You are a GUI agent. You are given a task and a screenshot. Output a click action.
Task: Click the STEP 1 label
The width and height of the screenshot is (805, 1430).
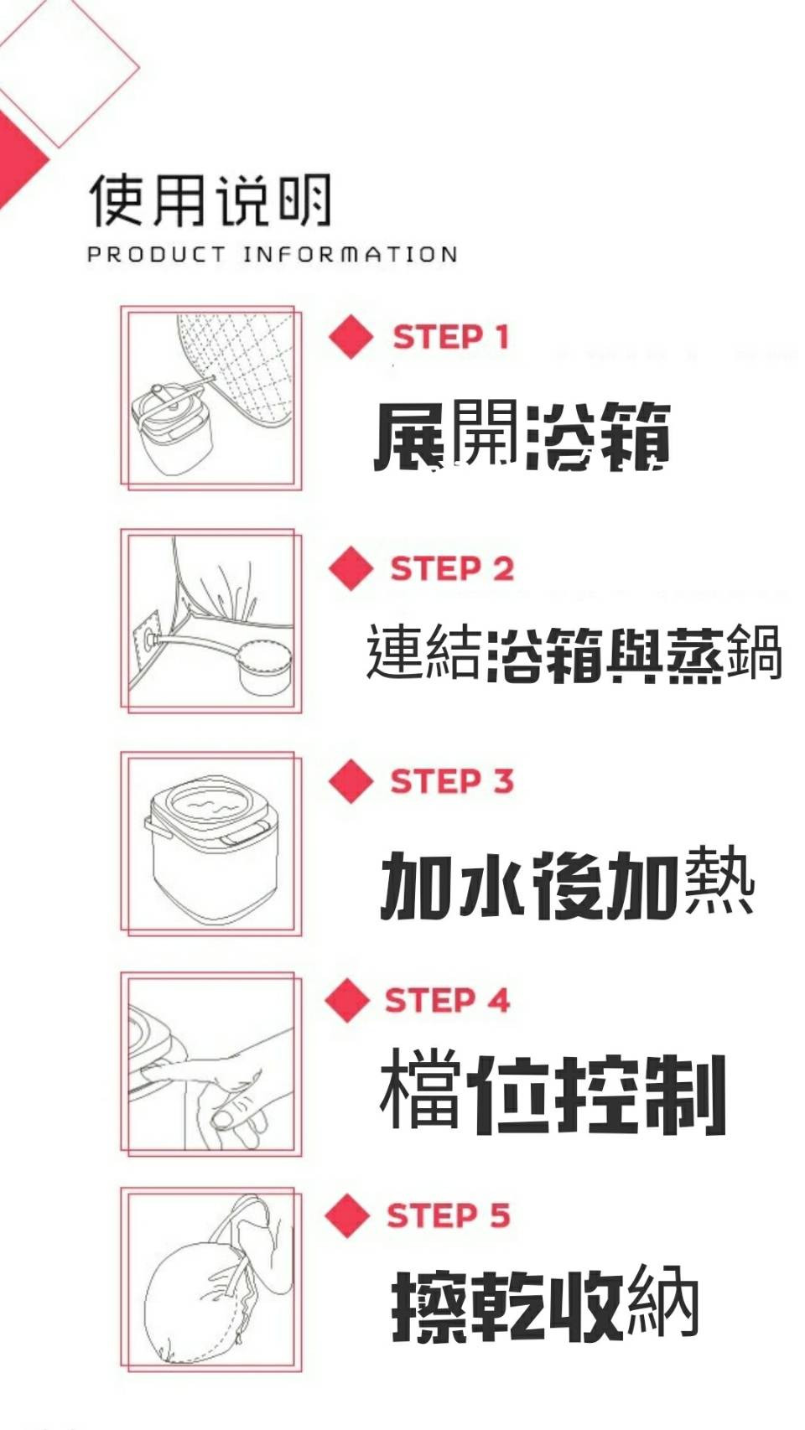click(x=450, y=337)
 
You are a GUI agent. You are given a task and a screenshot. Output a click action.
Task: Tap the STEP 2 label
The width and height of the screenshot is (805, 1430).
click(x=452, y=568)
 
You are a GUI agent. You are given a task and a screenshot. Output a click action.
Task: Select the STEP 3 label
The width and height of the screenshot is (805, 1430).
click(x=452, y=781)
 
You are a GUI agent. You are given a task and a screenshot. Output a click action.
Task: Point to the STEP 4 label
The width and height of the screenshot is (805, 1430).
click(x=447, y=1000)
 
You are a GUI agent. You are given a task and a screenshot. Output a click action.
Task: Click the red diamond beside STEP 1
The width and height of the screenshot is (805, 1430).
click(x=351, y=336)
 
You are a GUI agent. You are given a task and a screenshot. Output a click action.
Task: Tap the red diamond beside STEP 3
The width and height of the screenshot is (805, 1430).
click(x=351, y=780)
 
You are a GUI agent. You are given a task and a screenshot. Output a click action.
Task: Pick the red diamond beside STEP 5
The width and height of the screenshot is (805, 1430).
click(x=347, y=1215)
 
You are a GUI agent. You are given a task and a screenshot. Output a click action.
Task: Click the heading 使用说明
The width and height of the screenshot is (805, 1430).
click(x=210, y=199)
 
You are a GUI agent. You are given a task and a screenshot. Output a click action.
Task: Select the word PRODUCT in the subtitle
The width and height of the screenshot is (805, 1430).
click(x=157, y=254)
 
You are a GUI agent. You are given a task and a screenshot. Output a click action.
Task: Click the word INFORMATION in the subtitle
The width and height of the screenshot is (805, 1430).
click(x=351, y=254)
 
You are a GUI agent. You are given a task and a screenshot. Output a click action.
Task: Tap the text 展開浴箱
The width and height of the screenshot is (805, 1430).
click(x=522, y=436)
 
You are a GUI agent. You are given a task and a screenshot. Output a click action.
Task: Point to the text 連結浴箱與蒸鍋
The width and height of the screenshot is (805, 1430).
click(x=574, y=652)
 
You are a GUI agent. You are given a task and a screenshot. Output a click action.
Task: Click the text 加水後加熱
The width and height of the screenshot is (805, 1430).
click(x=568, y=884)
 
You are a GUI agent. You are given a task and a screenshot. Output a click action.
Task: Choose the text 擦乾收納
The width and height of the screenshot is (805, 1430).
click(x=545, y=1303)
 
